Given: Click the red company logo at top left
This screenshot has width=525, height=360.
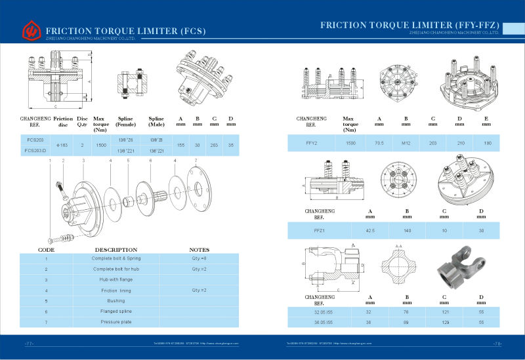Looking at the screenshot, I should (30, 30).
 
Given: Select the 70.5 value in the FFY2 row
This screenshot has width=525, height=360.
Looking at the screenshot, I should (379, 142).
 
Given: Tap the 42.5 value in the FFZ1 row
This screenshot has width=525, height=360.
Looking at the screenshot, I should (369, 231).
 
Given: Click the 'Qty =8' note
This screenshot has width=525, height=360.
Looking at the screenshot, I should (199, 258).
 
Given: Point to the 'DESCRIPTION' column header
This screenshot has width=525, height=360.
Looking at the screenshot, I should (116, 250).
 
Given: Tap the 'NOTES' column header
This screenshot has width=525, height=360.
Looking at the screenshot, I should (199, 250).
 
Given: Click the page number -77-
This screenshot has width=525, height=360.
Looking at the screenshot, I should (29, 344).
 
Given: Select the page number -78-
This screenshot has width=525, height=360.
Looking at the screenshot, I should (497, 344).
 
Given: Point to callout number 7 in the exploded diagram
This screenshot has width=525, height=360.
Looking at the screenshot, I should (196, 160).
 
